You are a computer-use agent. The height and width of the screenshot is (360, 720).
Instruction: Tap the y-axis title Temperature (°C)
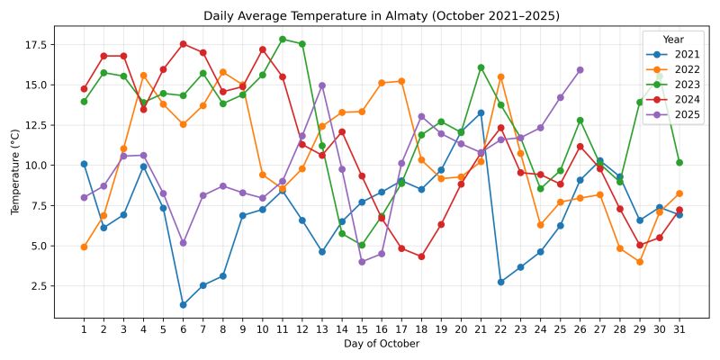point(14,171)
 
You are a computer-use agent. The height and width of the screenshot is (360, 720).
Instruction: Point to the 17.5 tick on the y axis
point(37,44)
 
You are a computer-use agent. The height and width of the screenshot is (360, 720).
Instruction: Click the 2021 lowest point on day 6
point(183,305)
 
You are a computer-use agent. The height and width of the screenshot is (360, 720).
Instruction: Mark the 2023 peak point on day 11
point(283,40)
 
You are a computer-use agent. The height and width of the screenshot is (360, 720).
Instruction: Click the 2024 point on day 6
point(183,44)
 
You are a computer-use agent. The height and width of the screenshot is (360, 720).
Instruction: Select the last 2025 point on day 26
point(580,70)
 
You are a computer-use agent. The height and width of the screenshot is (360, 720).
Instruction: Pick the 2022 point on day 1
point(84,247)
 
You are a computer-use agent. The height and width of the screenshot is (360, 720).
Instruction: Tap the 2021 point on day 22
point(500,282)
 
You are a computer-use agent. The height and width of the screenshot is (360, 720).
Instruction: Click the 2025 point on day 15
point(362,262)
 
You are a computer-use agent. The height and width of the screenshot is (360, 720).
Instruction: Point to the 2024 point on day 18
point(421,256)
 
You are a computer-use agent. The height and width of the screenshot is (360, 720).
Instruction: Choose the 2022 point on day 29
point(639,262)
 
